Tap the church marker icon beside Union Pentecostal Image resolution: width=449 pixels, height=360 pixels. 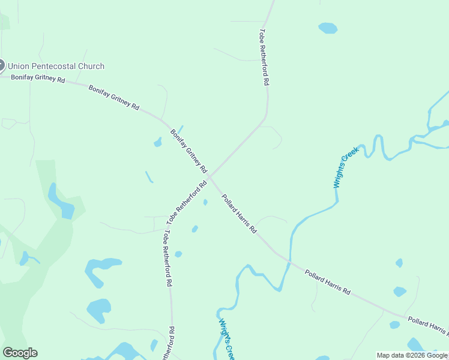[1, 66]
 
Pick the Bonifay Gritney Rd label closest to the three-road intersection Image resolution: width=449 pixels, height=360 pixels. [188, 151]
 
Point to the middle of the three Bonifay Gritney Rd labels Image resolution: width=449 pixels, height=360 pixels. [114, 97]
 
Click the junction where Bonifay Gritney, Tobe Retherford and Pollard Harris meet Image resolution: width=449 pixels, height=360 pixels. [209, 177]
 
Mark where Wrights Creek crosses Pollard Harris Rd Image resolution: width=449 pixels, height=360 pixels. [290, 262]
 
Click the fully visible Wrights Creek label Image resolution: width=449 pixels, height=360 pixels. [346, 167]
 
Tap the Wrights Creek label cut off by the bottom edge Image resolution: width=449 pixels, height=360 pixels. [226, 339]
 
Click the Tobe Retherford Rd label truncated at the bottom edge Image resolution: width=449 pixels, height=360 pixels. [172, 344]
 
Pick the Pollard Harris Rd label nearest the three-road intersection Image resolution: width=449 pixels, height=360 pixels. [239, 214]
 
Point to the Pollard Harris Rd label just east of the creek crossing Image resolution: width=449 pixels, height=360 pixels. [327, 281]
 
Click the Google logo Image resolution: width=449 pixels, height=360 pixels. [20, 353]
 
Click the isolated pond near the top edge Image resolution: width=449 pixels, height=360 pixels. [328, 28]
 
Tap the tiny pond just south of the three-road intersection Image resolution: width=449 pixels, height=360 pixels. [205, 202]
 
